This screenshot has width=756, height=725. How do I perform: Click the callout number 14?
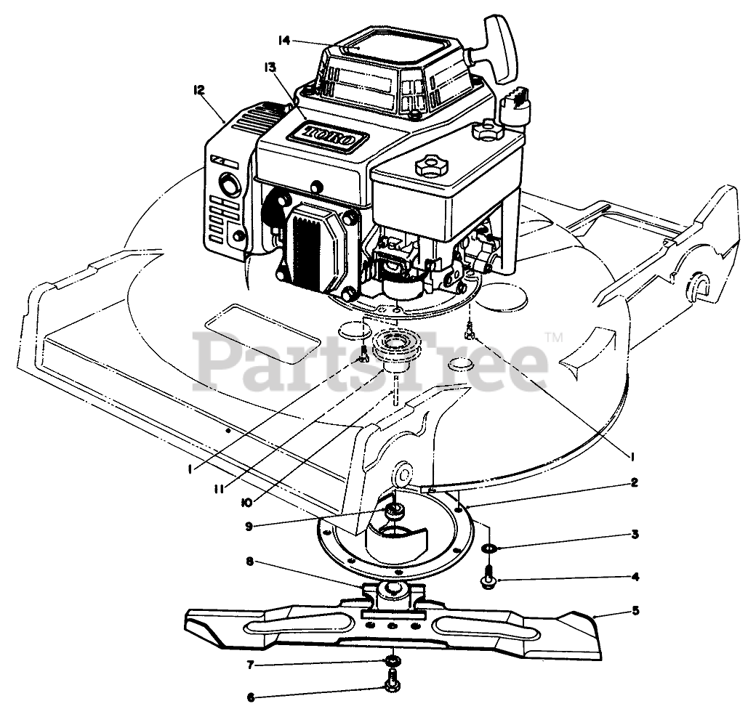283,41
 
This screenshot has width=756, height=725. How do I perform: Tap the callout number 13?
270,67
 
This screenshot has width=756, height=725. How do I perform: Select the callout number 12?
198,90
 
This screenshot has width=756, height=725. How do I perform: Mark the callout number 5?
635,611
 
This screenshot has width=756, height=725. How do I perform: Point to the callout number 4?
635,578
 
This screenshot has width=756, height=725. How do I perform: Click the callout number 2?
635,482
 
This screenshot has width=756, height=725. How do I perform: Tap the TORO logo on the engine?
329,135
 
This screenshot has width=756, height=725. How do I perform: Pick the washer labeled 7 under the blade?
393,660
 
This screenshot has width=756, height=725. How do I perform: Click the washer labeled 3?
490,547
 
